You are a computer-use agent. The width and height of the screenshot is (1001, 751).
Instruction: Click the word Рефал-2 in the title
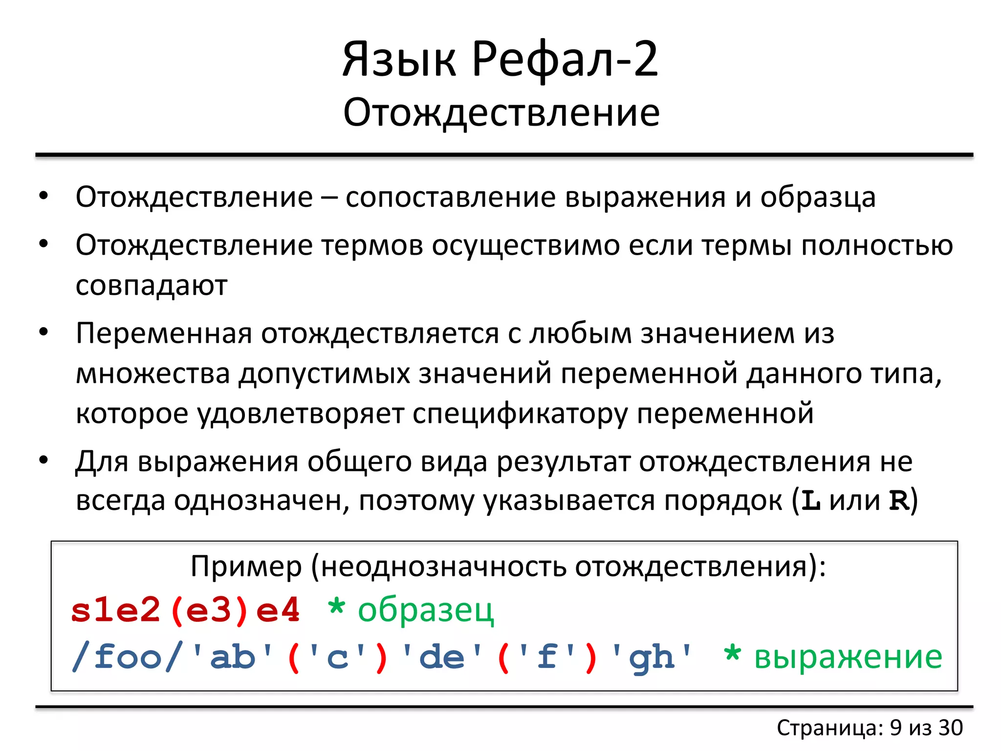tap(565, 60)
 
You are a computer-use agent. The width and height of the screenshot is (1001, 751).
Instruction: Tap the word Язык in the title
tap(399, 60)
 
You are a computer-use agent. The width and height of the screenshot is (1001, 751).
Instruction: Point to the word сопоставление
tap(450, 198)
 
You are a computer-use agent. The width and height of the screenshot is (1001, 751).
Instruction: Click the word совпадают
tap(152, 286)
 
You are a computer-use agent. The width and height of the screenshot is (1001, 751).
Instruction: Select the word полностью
tap(877, 245)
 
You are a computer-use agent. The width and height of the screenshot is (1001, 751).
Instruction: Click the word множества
tap(153, 374)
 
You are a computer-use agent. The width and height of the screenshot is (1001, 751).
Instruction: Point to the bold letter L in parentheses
tap(811, 501)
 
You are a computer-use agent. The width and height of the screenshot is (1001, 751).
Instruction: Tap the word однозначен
tap(261, 501)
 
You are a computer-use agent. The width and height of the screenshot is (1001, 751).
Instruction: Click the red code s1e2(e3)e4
tap(185, 611)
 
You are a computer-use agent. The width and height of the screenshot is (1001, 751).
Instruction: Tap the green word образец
tap(426, 611)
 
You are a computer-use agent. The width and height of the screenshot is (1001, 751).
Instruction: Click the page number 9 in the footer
tap(895, 728)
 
